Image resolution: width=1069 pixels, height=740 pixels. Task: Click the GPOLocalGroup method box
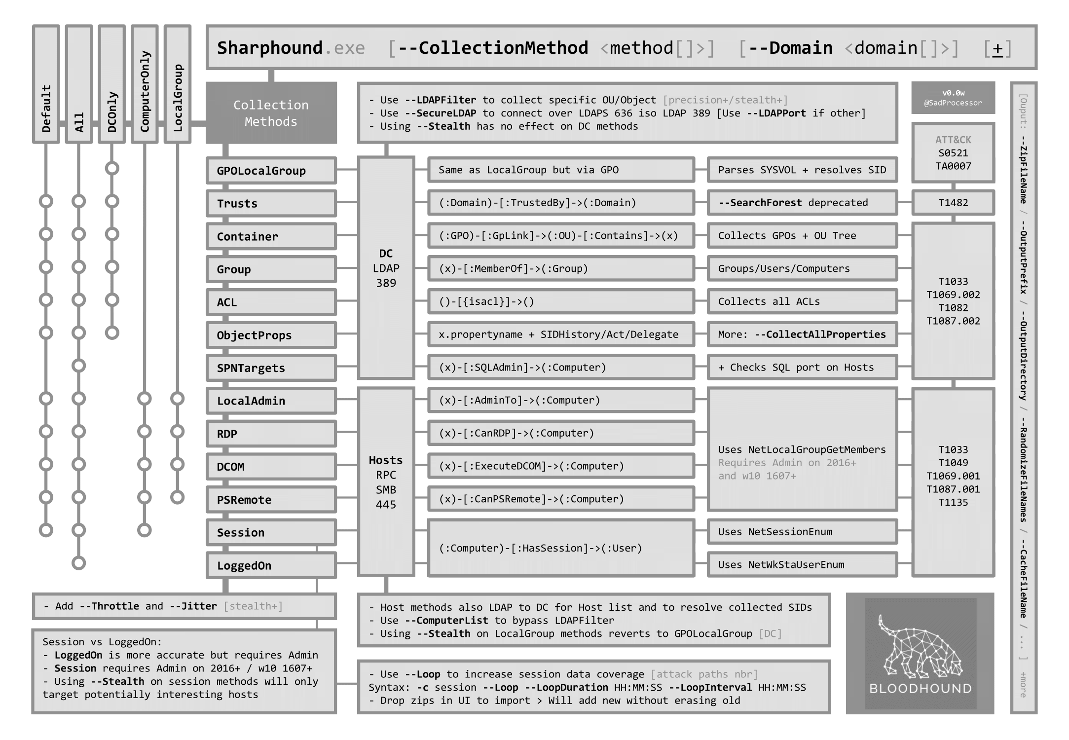[271, 171]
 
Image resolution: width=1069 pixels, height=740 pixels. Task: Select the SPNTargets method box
[271, 368]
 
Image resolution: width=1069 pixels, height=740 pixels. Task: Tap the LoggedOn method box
[271, 565]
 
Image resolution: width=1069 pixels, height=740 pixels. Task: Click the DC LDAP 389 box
[386, 268]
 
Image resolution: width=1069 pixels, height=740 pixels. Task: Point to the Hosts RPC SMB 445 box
[386, 482]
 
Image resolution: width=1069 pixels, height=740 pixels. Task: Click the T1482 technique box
[953, 203]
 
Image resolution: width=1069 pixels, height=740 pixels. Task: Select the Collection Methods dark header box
[271, 113]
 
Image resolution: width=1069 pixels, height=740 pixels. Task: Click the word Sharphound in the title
[269, 48]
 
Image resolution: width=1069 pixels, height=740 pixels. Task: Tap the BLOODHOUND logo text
[920, 688]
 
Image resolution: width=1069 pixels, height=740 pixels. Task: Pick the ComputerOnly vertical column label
[145, 91]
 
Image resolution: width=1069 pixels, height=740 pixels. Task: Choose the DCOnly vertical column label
[112, 111]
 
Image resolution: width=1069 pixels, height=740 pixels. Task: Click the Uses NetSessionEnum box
[802, 532]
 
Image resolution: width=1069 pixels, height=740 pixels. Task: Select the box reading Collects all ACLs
[802, 301]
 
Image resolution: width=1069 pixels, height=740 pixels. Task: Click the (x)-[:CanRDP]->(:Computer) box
[560, 433]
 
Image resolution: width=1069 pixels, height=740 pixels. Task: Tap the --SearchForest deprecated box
[802, 203]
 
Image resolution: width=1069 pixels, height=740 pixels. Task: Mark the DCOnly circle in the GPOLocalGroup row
[112, 168]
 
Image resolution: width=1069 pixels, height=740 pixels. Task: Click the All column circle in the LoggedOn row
[79, 563]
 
